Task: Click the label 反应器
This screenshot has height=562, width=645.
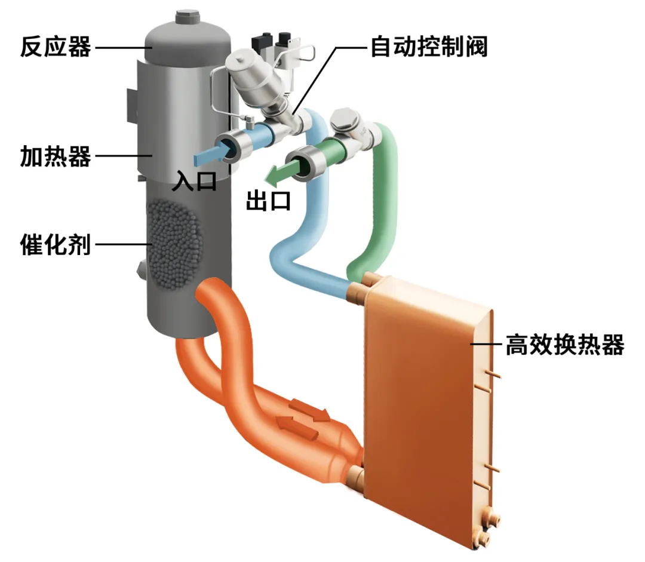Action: point(55,46)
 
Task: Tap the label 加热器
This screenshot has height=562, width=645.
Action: point(55,156)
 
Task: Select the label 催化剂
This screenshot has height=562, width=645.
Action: point(55,244)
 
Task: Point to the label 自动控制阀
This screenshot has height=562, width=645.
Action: point(429,46)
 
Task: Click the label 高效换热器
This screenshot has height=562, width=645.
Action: point(564,345)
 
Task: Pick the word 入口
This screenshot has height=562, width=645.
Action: point(194,180)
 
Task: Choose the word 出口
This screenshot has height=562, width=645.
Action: point(269,201)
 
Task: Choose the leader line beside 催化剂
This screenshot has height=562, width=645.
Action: point(123,244)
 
